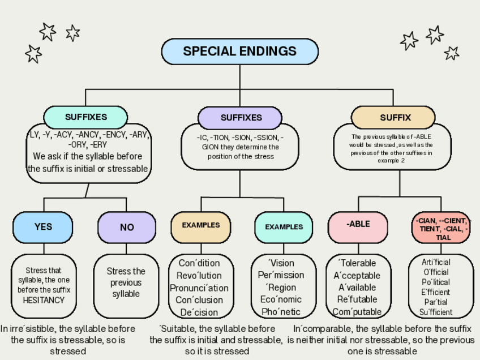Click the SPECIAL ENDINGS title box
239,52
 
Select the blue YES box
43,227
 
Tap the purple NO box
127,228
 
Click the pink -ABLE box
358,224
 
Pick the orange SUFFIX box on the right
395,118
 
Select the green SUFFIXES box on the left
85,117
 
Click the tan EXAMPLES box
201,225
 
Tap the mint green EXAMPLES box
284,227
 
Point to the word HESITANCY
44,300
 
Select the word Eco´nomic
281,299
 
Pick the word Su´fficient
436,312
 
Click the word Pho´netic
281,312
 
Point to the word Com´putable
357,312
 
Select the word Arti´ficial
436,262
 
